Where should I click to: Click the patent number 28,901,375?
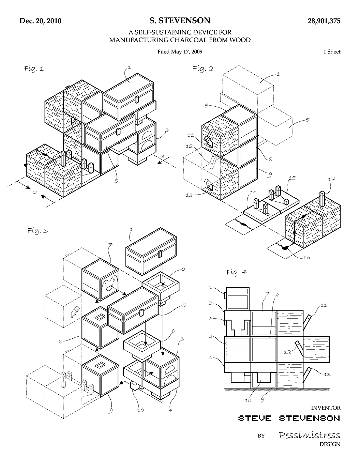click(324, 21)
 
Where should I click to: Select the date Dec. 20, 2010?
click(41, 21)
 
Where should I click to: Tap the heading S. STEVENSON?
click(180, 20)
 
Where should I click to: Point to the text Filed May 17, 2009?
click(180, 52)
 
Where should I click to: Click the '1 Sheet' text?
click(332, 52)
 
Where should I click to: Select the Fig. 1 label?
click(34, 69)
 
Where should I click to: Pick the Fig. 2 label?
click(203, 69)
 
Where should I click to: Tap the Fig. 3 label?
click(38, 231)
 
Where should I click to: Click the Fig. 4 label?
click(237, 272)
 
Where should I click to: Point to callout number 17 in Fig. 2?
click(331, 179)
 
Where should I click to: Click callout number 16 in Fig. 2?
click(307, 257)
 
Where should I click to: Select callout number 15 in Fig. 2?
click(292, 178)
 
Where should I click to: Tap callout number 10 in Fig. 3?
click(140, 410)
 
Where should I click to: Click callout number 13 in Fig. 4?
click(327, 374)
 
